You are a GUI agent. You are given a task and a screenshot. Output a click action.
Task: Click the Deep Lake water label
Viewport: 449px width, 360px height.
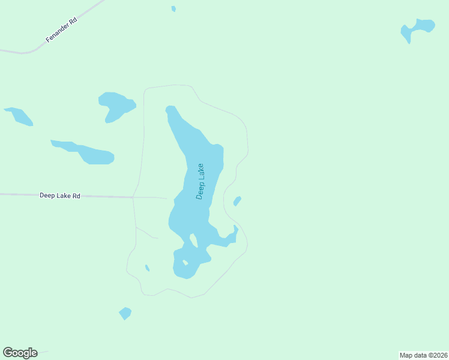coord(200,181)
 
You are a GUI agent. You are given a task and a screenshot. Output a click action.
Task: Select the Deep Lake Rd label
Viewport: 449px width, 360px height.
coord(60,196)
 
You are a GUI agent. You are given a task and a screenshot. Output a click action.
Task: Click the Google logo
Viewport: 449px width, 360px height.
coord(20,353)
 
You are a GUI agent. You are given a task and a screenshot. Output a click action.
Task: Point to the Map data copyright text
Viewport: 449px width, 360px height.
coord(424,355)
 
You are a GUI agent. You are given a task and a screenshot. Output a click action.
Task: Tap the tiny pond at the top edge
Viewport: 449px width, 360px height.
coord(173,8)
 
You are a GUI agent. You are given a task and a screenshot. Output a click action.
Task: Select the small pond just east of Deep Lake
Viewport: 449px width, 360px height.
coord(237,201)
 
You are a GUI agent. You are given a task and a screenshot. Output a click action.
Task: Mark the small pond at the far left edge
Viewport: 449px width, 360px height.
coord(19,116)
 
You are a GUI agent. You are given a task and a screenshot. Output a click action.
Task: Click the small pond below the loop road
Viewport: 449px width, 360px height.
coord(125,313)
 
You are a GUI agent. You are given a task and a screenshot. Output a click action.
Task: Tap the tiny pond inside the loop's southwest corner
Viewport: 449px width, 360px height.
coord(147,268)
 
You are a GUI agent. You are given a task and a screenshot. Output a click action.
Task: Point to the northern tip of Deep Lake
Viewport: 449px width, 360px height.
coord(171,109)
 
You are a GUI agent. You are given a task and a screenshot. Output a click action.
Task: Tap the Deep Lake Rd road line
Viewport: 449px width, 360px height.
coord(108,196)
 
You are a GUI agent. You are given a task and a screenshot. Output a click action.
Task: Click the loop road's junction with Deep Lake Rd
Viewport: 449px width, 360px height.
coord(133,197)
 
